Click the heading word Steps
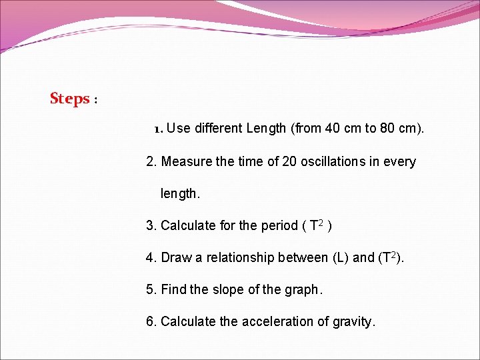69,99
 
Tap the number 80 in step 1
387,128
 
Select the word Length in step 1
266,128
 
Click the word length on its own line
179,194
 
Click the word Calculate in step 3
188,225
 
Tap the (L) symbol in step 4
340,257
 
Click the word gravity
355,321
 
